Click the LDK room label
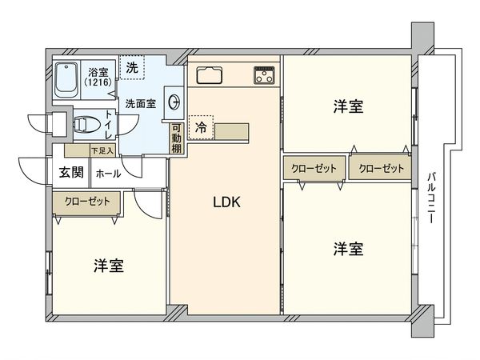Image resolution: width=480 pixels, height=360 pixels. [226, 202]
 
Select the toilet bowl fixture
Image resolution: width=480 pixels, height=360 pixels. [84, 124]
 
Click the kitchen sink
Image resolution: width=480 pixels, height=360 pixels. [213, 77]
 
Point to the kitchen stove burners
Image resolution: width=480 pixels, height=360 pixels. [265, 76]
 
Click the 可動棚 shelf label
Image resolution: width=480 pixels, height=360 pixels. [176, 138]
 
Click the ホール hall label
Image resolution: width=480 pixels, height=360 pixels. [108, 172]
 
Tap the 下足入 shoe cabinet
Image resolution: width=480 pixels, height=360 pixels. [102, 150]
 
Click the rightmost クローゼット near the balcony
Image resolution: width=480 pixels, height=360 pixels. [380, 168]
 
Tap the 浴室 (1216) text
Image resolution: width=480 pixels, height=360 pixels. [99, 78]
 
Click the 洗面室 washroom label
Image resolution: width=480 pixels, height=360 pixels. [140, 103]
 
